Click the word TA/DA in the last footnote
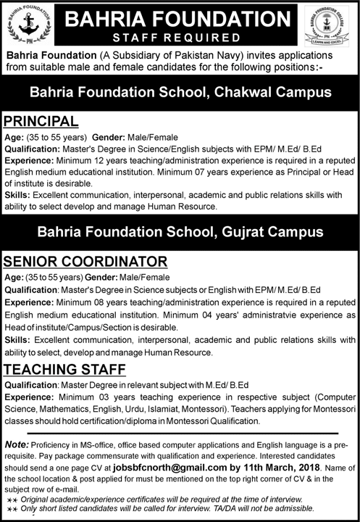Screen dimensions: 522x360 point(238,510)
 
